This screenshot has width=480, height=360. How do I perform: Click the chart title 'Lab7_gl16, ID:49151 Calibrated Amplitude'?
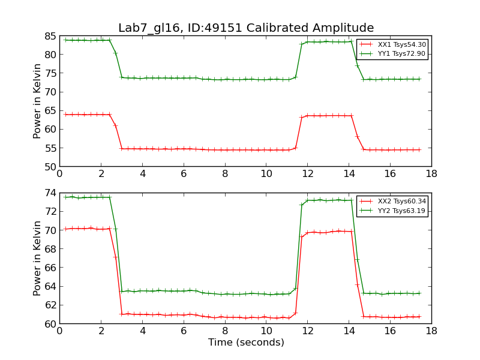click(x=246, y=28)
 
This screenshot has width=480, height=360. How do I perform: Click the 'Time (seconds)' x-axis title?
click(x=246, y=343)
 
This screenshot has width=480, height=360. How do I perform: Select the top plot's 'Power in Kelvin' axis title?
click(x=37, y=101)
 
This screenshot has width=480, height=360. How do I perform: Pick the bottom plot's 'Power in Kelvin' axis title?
click(x=37, y=258)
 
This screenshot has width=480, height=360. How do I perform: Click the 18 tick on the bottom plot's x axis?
click(x=431, y=331)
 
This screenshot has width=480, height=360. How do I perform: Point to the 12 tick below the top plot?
click(x=307, y=173)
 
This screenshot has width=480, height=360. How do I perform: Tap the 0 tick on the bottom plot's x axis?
click(x=59, y=331)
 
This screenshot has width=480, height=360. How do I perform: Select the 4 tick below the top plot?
click(x=142, y=173)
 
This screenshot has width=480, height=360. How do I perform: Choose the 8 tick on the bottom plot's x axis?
click(x=224, y=331)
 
